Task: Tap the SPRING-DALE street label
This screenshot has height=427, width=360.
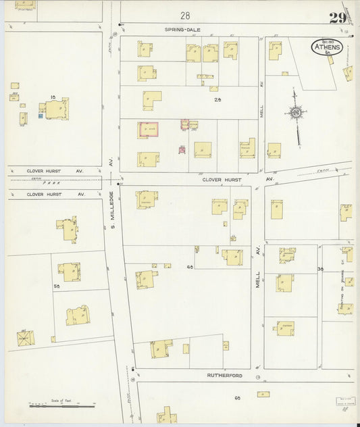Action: click(183, 30)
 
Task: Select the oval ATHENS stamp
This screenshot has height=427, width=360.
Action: click(327, 47)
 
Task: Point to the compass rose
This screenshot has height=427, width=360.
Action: click(296, 112)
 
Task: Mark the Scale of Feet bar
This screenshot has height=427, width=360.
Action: click(61, 405)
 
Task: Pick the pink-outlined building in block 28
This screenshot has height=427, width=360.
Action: click(148, 130)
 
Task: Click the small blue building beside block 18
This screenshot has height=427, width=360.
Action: click(41, 116)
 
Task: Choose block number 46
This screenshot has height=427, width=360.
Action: click(190, 267)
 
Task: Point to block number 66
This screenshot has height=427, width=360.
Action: click(238, 398)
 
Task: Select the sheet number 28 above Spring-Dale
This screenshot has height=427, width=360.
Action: click(185, 15)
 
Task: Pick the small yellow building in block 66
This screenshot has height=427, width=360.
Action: click(263, 394)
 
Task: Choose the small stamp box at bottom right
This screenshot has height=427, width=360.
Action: click(346, 401)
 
